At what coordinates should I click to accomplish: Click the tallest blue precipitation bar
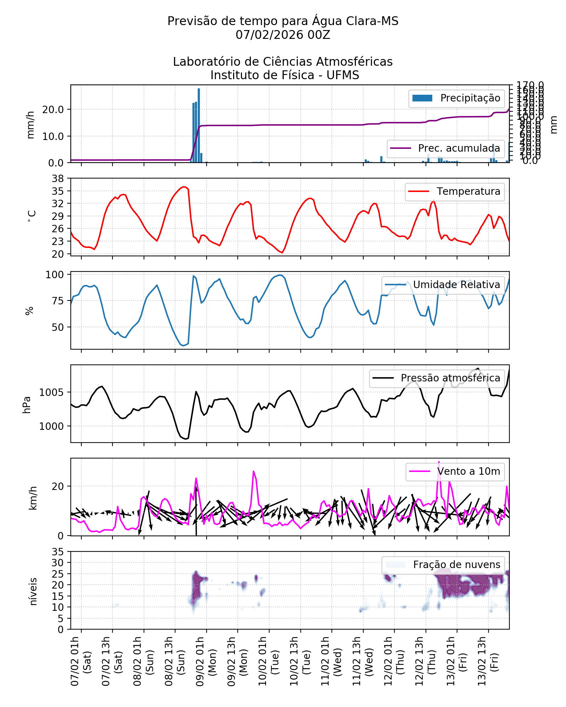click(199, 125)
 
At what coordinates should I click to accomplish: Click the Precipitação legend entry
click(456, 98)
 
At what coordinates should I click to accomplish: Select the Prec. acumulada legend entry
click(446, 148)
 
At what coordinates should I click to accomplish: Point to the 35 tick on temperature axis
click(58, 191)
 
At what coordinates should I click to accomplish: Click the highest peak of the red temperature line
click(184, 187)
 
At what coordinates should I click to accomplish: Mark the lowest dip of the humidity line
click(183, 345)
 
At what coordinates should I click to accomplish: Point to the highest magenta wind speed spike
click(439, 462)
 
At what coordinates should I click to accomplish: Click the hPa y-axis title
click(27, 405)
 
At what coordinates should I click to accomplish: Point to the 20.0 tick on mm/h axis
click(53, 110)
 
